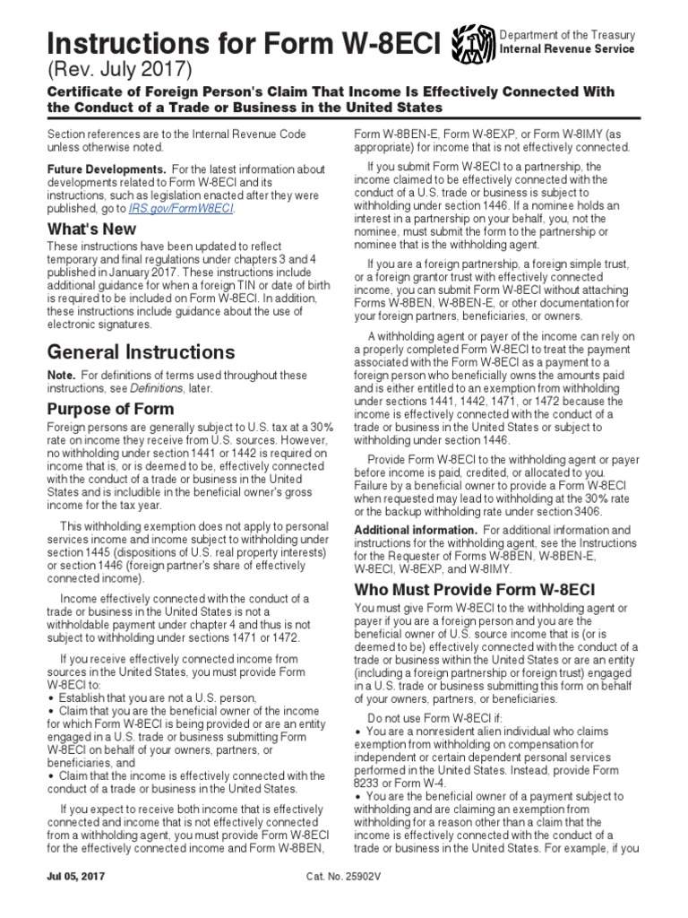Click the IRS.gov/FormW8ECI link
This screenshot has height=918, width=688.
196,209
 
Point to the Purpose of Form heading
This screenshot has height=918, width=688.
110,409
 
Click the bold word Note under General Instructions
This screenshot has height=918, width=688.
62,375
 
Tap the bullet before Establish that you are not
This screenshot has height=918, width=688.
52,697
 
